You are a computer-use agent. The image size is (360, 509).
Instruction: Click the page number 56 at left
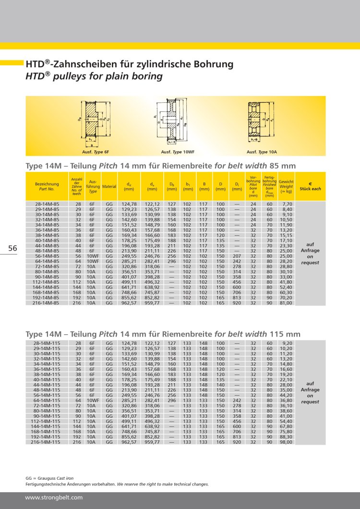click(x=12, y=248)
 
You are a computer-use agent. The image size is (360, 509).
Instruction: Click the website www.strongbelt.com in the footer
click(x=54, y=497)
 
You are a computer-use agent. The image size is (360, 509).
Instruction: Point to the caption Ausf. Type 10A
click(x=262, y=152)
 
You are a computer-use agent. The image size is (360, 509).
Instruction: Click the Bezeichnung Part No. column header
click(x=47, y=186)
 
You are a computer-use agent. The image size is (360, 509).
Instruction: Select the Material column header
click(x=109, y=186)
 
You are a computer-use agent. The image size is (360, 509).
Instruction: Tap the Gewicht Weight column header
click(x=287, y=186)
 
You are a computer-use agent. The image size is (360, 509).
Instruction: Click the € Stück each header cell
click(x=310, y=186)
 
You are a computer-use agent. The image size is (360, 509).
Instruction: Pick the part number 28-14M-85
click(x=47, y=204)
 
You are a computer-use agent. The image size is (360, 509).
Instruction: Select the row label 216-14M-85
click(x=47, y=303)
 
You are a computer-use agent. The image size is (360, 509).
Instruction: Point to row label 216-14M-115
click(x=47, y=441)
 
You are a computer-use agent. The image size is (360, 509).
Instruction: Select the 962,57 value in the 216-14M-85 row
click(x=129, y=303)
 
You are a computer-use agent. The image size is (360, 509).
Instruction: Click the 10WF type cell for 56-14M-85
click(x=93, y=256)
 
